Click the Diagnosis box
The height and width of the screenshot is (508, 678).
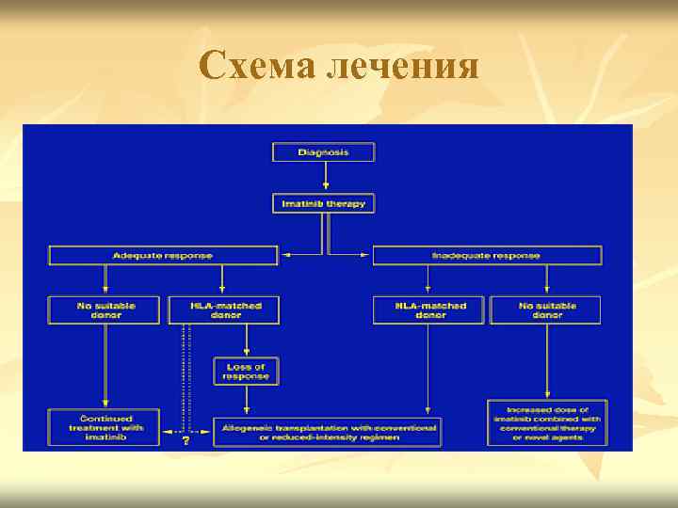[x=323, y=151]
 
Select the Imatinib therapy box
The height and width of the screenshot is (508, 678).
[x=323, y=203]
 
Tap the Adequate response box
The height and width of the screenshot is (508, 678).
[x=163, y=255]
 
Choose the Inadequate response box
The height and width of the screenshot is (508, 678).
[x=487, y=255]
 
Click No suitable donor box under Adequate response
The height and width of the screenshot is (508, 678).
[x=105, y=310]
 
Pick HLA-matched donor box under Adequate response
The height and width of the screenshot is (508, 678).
[x=223, y=310]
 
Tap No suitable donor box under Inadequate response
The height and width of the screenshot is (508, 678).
[x=546, y=310]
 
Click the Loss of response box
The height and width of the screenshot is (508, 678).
[x=246, y=371]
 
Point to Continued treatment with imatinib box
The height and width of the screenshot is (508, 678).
[x=105, y=427]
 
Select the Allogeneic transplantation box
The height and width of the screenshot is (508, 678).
[x=327, y=432]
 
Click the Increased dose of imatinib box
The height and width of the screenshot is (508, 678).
[x=547, y=422]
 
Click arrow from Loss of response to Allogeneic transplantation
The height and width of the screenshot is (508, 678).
[x=246, y=399]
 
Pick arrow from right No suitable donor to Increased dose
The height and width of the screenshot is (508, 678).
[x=546, y=361]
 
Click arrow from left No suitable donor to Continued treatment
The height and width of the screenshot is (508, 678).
[x=105, y=366]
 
